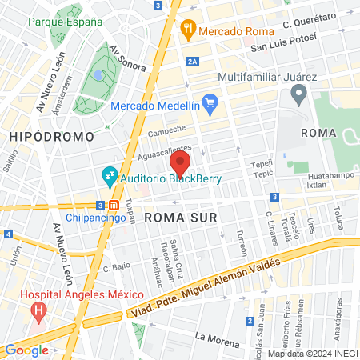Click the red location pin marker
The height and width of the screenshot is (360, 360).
click(179, 165)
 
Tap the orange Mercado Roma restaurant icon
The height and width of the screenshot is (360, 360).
click(188, 30)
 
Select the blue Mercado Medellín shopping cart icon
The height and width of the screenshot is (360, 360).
click(210, 102)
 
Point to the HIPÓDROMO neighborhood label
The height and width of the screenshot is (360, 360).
click(51, 137)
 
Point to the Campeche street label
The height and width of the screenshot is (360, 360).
click(167, 129)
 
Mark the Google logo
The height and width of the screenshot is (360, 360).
click(26, 350)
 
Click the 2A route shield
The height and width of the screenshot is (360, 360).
click(191, 61)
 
